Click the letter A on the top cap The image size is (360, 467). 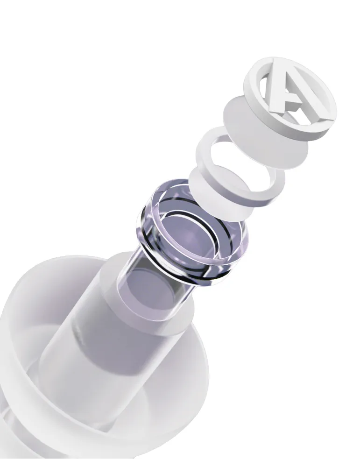click(x=286, y=92)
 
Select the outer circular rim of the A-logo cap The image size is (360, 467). click(x=316, y=125)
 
